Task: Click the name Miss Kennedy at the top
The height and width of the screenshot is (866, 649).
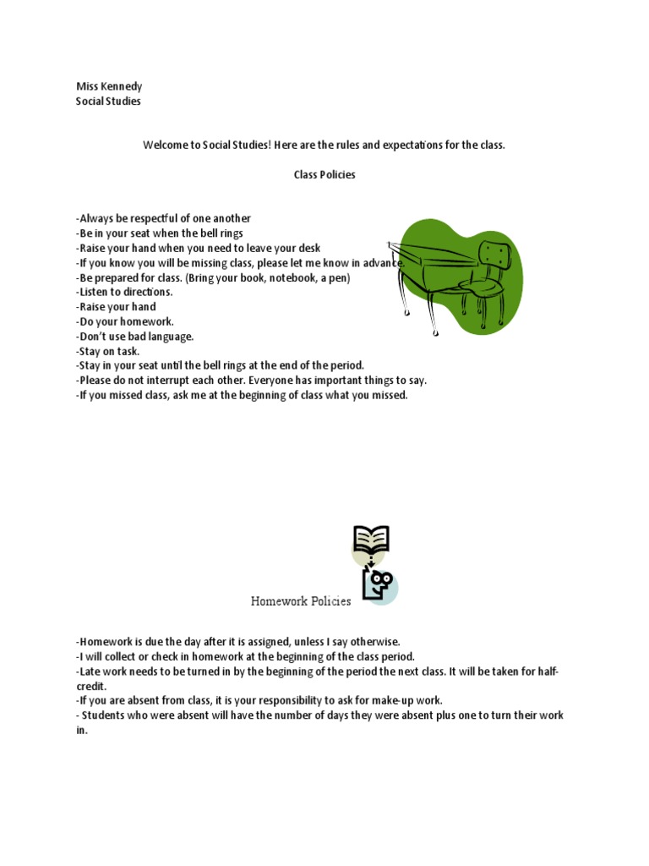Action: pyautogui.click(x=109, y=86)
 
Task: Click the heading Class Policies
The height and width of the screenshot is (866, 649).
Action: pyautogui.click(x=324, y=175)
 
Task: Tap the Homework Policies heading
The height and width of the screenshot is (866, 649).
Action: pyautogui.click(x=300, y=601)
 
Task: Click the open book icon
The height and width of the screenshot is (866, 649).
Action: pyautogui.click(x=371, y=539)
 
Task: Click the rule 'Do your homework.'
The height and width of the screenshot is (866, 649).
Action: pyautogui.click(x=124, y=321)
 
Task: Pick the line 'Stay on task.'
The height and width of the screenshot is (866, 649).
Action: pyautogui.click(x=107, y=351)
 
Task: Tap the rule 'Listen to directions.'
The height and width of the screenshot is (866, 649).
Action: pyautogui.click(x=124, y=292)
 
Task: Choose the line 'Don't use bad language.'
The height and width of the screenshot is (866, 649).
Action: pyautogui.click(x=134, y=337)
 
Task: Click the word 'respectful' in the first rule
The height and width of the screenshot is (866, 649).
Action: pyautogui.click(x=159, y=218)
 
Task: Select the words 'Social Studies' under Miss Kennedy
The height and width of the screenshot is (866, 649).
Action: pyautogui.click(x=108, y=101)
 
